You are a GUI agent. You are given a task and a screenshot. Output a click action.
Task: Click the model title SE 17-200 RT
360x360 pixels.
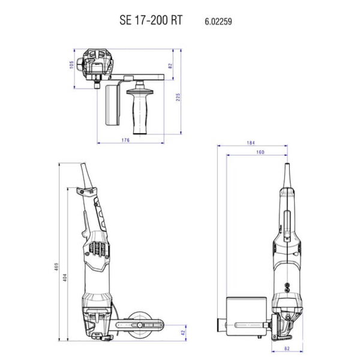[151, 20]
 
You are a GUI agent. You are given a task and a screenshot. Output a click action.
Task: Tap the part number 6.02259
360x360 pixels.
[218, 22]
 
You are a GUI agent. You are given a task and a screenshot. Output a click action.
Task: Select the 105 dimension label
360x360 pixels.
[71, 65]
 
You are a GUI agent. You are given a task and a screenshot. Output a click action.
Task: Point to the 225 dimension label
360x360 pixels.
[178, 97]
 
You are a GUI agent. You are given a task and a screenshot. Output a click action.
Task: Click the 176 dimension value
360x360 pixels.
[125, 140]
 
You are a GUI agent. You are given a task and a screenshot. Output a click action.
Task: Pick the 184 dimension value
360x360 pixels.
[251, 143]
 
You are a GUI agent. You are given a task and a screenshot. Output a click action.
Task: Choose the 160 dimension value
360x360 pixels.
[260, 152]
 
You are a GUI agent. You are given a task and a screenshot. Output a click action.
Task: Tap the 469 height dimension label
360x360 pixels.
[56, 267]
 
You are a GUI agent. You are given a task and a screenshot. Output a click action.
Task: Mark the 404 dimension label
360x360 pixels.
[65, 277]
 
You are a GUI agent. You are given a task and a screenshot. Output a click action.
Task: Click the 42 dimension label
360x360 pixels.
[183, 332]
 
